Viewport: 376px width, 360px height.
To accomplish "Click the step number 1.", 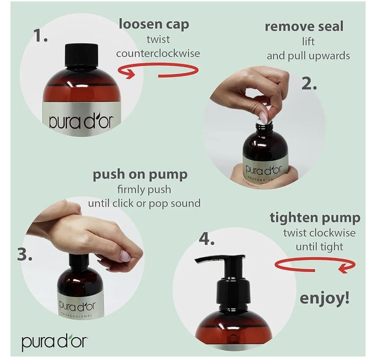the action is (x=40, y=36).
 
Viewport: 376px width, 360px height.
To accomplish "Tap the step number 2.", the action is (x=309, y=84).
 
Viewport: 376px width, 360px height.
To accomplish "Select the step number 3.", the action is (x=24, y=255).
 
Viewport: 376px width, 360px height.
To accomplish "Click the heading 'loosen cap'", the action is (x=154, y=24).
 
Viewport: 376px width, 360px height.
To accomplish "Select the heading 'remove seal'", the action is (x=304, y=26).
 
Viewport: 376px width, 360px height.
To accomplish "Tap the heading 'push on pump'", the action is (x=140, y=175).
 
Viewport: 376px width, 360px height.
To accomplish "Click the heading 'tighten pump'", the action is (x=315, y=218).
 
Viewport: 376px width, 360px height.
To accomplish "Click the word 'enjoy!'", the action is (x=325, y=298).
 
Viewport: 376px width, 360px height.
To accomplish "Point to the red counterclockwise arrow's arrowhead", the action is (x=129, y=73).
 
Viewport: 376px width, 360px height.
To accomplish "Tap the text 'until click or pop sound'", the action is (x=144, y=203).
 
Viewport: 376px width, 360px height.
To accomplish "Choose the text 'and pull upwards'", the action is (x=308, y=56).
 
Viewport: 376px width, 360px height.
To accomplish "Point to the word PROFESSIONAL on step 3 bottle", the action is (x=77, y=315).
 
